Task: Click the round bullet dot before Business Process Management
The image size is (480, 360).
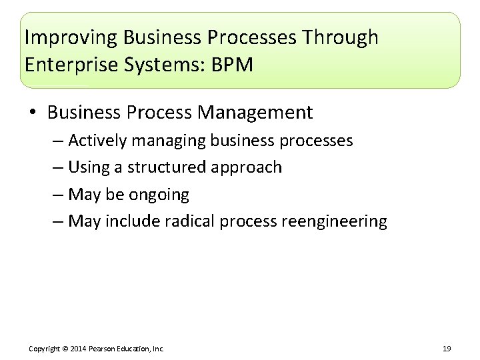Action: point(33,113)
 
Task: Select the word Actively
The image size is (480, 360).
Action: point(97,141)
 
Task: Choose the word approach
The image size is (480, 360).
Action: point(249,168)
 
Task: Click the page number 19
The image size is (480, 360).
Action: point(447,349)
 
